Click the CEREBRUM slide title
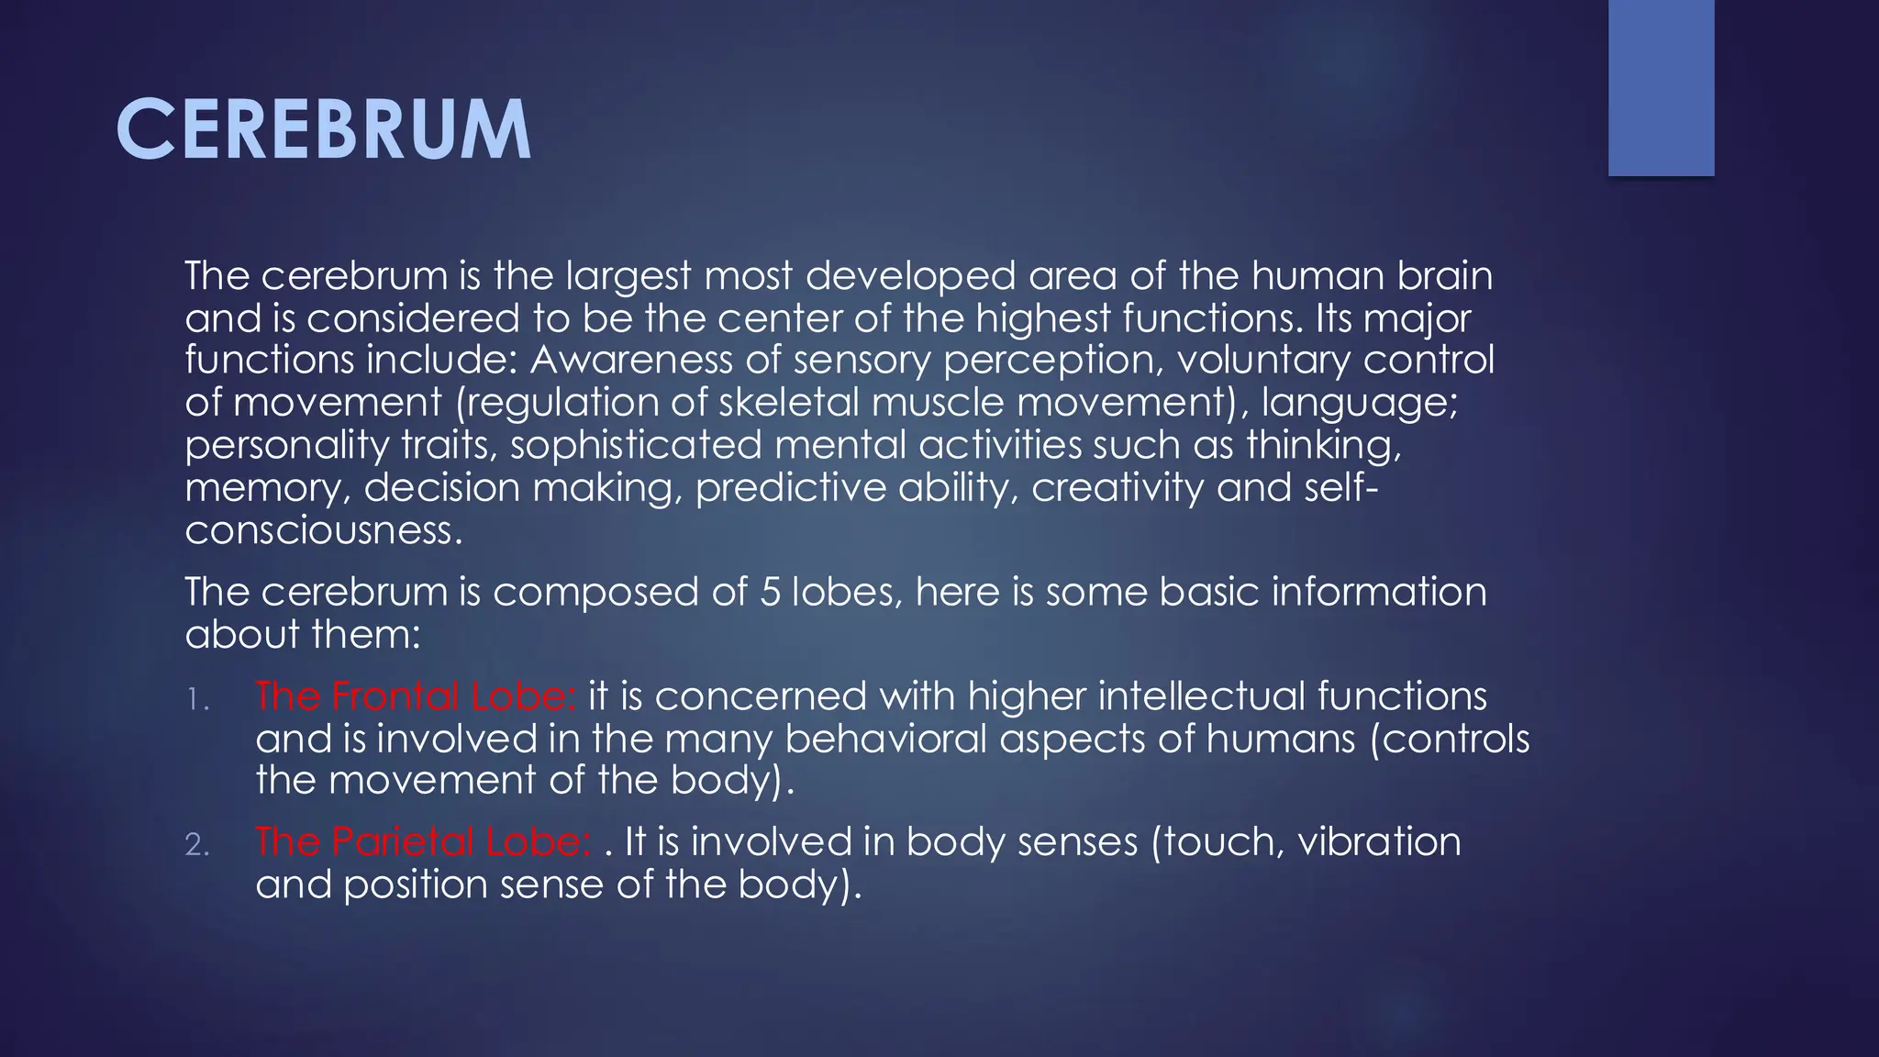click(x=323, y=130)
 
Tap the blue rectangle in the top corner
click(x=1661, y=87)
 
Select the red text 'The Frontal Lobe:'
click(x=416, y=696)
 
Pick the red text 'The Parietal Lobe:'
click(x=423, y=842)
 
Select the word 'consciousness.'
click(x=324, y=530)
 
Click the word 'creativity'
click(x=1117, y=487)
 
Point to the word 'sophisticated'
click(x=636, y=445)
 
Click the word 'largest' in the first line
click(x=627, y=276)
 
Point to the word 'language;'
click(x=1359, y=403)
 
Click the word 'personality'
click(x=287, y=445)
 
